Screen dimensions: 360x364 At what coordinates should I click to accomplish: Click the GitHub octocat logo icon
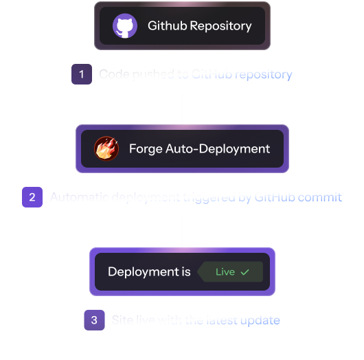tap(125, 27)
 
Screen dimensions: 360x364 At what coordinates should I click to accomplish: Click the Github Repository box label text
tap(200, 27)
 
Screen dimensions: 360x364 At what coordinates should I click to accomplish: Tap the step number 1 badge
tap(82, 74)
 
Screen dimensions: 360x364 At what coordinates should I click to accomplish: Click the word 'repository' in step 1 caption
tap(264, 74)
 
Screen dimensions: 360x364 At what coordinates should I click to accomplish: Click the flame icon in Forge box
tap(106, 148)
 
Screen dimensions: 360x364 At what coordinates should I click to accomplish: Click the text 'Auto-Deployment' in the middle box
tap(218, 148)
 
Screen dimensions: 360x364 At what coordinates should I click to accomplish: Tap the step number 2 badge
tap(32, 197)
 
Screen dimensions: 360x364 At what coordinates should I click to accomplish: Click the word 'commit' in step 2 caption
tap(319, 197)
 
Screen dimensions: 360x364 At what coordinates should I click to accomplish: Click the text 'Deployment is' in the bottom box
tap(149, 272)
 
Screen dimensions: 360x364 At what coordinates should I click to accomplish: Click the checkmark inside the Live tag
tap(244, 272)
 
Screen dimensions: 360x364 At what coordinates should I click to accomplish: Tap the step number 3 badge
tap(94, 320)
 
